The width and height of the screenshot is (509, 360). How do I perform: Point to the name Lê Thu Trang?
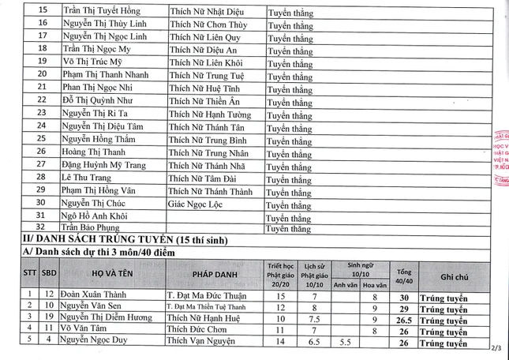(87, 178)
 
